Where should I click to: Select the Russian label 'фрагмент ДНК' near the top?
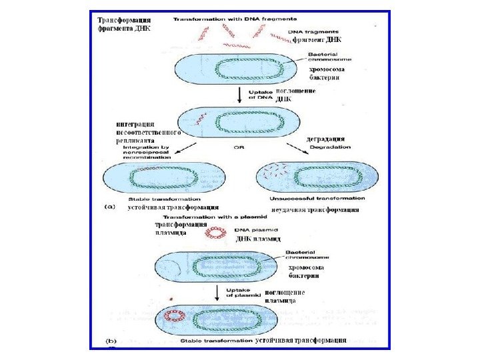tap(317, 39)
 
